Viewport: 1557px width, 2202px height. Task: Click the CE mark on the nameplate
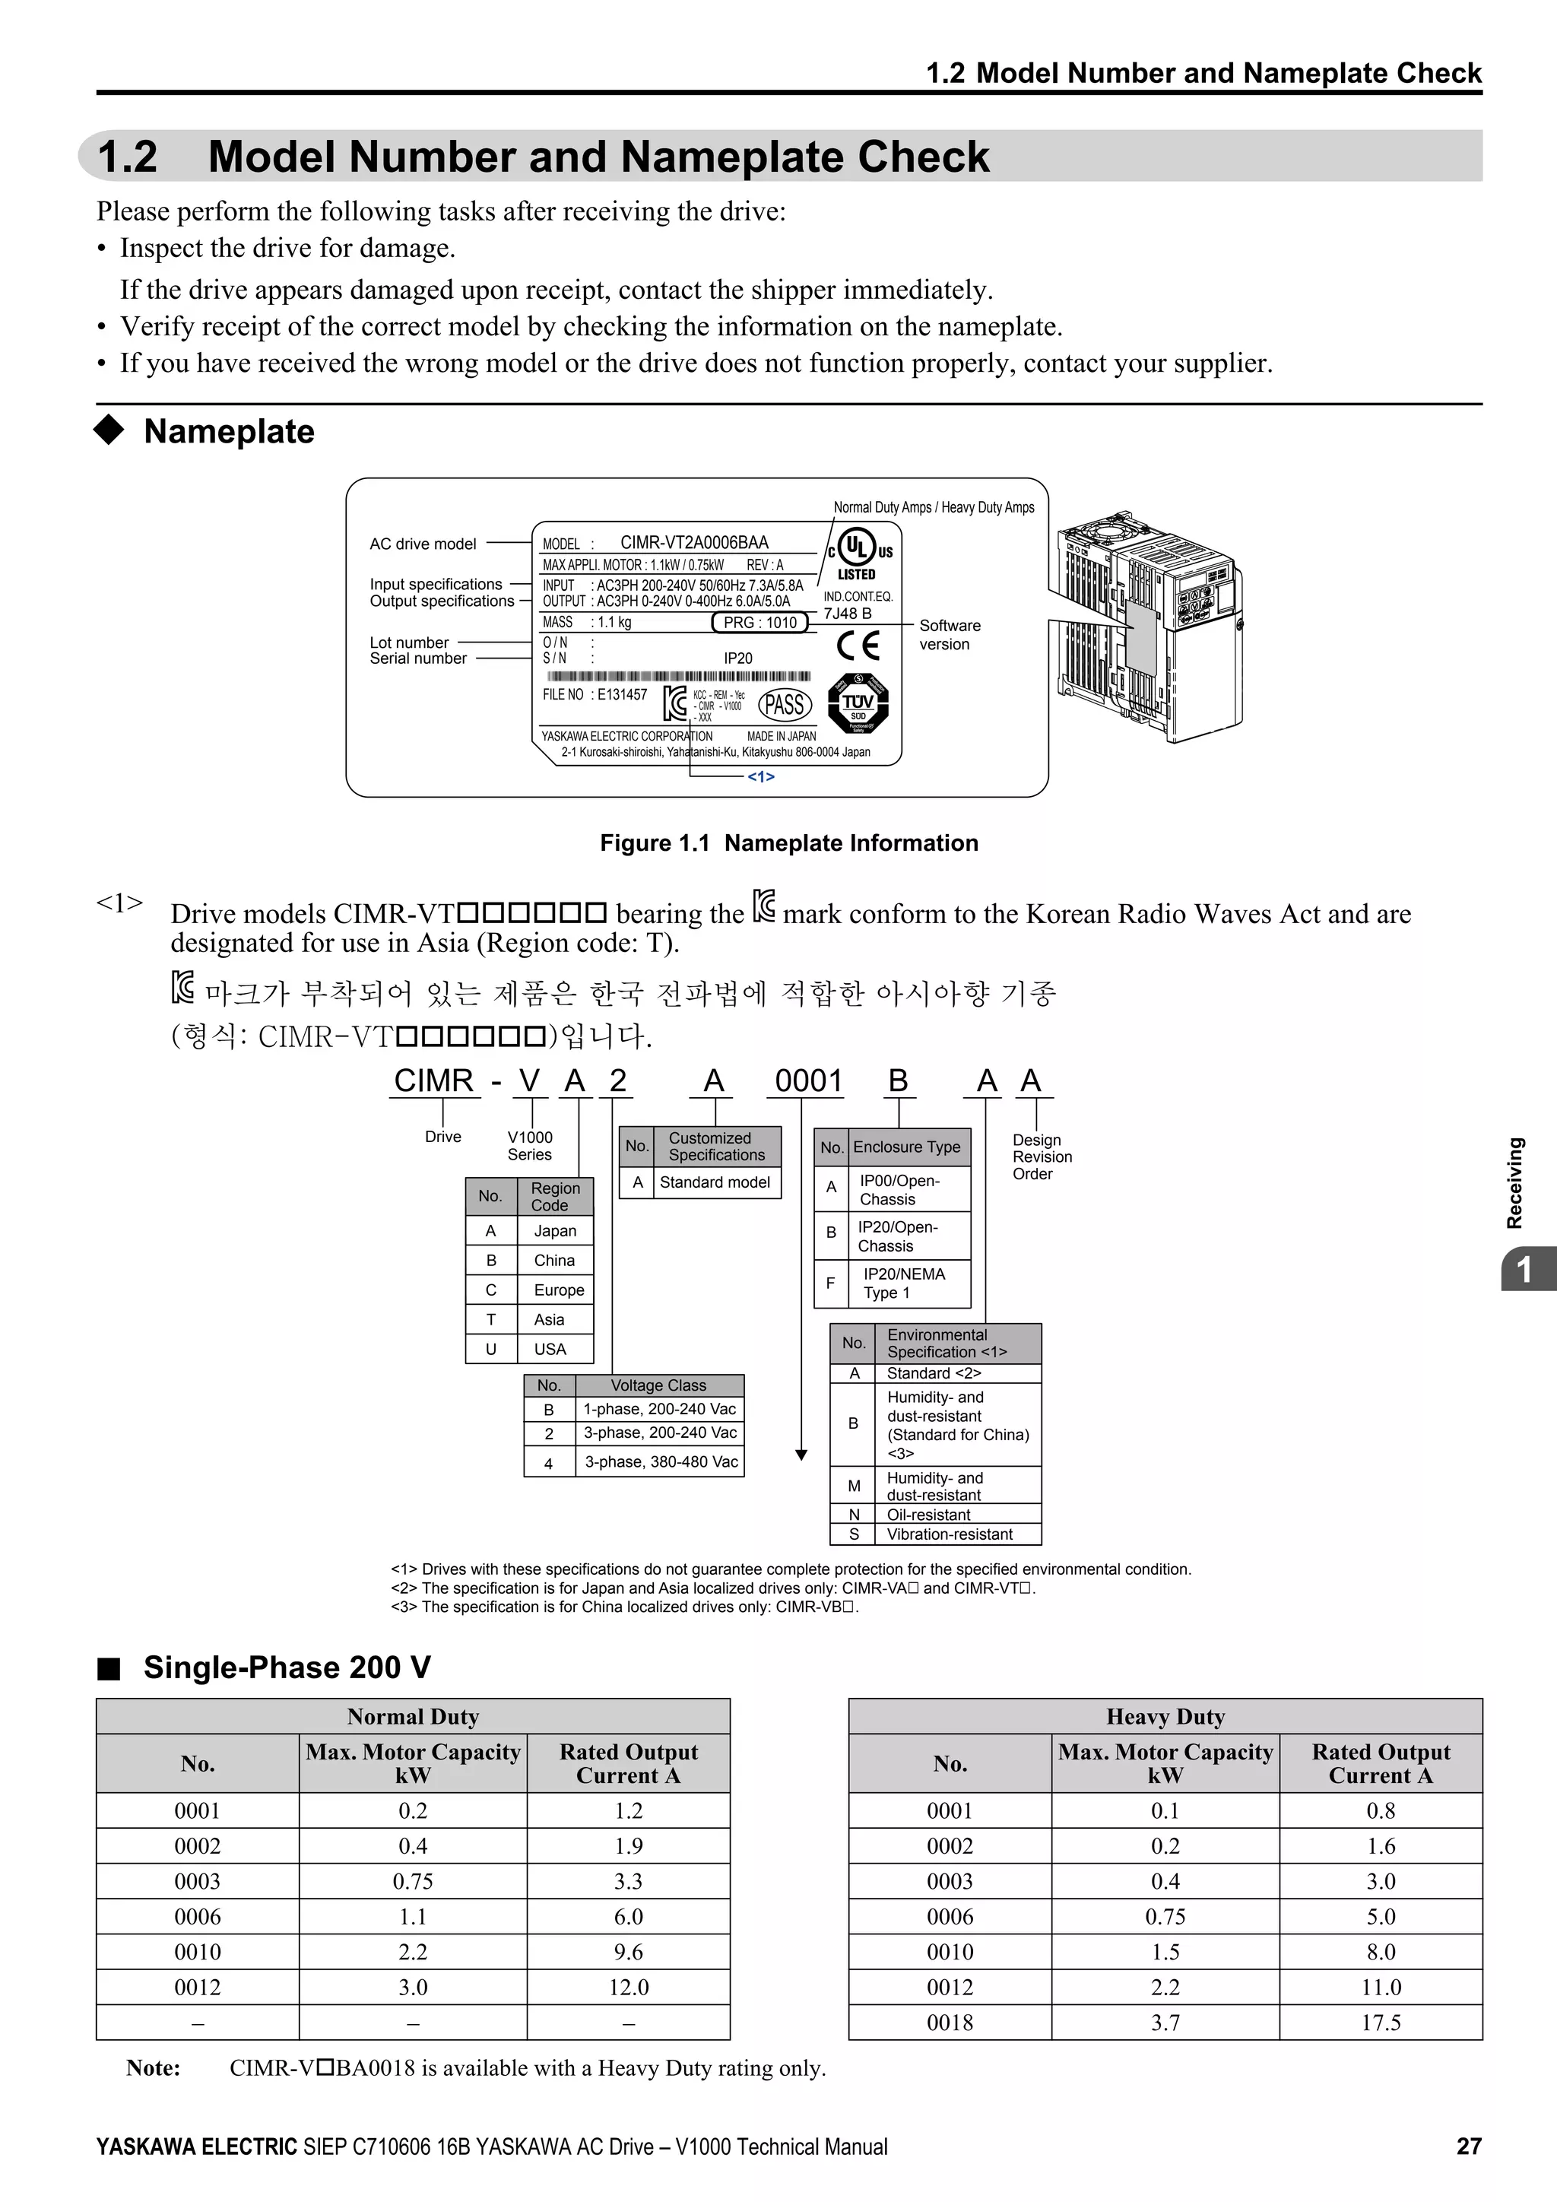pyautogui.click(x=857, y=646)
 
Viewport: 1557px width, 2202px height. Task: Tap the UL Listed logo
pyautogui.click(x=857, y=554)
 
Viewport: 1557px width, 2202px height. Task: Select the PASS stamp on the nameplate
pyautogui.click(x=785, y=705)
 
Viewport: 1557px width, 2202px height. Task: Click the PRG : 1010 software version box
pyautogui.click(x=760, y=623)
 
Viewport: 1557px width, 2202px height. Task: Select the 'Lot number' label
pyautogui.click(x=409, y=643)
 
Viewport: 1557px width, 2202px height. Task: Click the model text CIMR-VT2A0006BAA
pyautogui.click(x=693, y=543)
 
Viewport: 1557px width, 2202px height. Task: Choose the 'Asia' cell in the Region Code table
pyautogui.click(x=550, y=1320)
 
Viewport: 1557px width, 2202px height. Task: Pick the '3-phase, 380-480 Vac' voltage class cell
pyautogui.click(x=661, y=1461)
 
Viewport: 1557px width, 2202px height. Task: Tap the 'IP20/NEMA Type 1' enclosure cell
pyautogui.click(x=903, y=1283)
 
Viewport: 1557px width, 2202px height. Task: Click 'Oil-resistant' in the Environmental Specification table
pyautogui.click(x=928, y=1515)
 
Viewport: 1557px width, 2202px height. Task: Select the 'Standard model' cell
pyautogui.click(x=715, y=1182)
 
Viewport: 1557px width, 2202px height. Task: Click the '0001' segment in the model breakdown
pyautogui.click(x=807, y=1081)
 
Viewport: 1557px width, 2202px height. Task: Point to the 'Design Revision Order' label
pyautogui.click(x=1042, y=1157)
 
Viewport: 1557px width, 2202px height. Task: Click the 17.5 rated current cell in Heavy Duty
pyautogui.click(x=1381, y=2023)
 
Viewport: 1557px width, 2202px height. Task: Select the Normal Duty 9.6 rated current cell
pyautogui.click(x=628, y=1952)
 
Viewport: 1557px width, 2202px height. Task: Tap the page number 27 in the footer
pyautogui.click(x=1468, y=2146)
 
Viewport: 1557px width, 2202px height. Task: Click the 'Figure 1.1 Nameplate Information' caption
pyautogui.click(x=789, y=843)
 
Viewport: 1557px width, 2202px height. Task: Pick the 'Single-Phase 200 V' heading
pyautogui.click(x=287, y=1667)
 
